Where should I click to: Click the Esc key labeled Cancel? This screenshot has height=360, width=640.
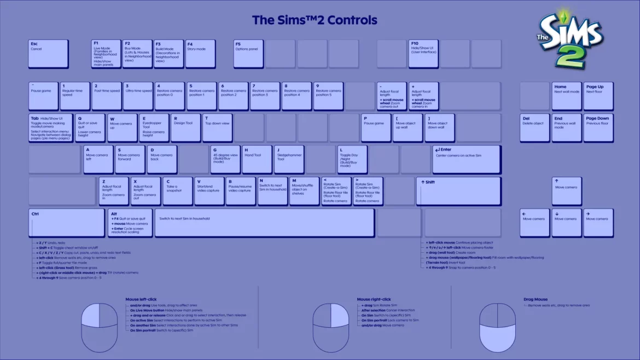(48, 54)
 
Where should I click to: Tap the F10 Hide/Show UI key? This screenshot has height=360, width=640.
(423, 54)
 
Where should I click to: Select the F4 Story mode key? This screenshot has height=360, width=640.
(200, 54)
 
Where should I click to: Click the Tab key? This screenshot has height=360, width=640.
(50, 127)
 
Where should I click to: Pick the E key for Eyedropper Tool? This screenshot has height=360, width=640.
(154, 127)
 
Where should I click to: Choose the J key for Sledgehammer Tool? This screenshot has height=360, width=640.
(288, 159)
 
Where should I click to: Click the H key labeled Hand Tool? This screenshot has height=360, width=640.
(257, 159)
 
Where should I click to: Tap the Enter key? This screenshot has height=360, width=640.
(466, 159)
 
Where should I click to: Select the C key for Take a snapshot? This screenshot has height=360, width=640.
(178, 191)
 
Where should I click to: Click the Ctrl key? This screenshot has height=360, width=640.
(66, 223)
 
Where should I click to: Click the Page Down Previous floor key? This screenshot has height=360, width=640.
(598, 127)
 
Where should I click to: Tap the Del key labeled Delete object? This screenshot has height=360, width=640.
(534, 127)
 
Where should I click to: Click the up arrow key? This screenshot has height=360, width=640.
(567, 191)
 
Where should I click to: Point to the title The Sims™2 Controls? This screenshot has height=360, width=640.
(315, 20)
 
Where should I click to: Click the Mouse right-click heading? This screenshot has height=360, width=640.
(374, 299)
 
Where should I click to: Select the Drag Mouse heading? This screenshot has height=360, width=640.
(535, 299)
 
